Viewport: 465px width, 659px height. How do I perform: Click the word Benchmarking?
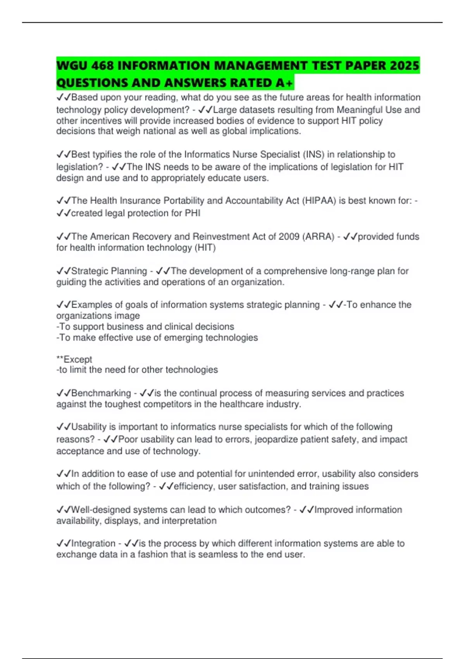click(x=101, y=393)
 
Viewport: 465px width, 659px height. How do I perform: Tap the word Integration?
click(x=93, y=543)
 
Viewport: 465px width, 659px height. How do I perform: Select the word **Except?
click(x=74, y=359)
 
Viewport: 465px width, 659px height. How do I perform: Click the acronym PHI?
click(x=192, y=213)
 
